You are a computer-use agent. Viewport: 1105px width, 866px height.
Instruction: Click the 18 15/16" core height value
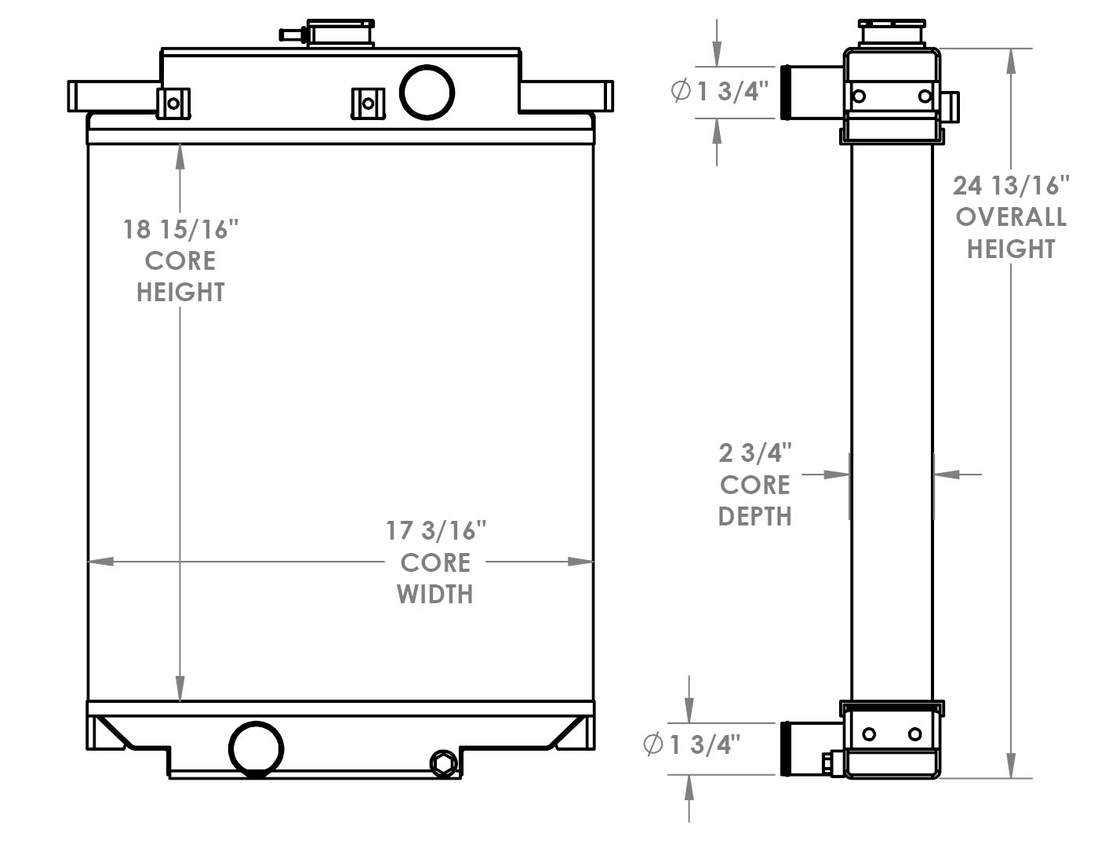[x=180, y=229]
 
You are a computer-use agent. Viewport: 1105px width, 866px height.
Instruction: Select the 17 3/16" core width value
[x=436, y=531]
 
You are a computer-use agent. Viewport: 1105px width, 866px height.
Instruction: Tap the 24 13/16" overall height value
[x=1011, y=185]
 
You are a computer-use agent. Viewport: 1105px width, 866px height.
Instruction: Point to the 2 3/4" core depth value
[x=754, y=453]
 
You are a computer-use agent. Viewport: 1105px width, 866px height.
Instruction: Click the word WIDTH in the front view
[x=435, y=595]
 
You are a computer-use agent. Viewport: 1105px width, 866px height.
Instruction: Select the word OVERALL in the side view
[x=1011, y=217]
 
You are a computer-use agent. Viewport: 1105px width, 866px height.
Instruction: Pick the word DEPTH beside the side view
[x=754, y=516]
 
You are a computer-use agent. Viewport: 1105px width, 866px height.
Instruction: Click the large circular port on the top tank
[x=427, y=93]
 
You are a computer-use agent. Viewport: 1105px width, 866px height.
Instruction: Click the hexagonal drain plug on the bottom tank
[x=443, y=763]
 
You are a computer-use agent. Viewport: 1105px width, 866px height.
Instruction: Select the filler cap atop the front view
[x=340, y=33]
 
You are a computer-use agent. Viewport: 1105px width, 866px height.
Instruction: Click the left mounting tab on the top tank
[x=173, y=104]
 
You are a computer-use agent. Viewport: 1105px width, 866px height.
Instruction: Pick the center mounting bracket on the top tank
[x=367, y=104]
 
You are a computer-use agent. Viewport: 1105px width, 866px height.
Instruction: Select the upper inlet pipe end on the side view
[x=786, y=93]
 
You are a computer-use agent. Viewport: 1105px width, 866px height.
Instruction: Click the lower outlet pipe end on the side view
[x=786, y=748]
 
